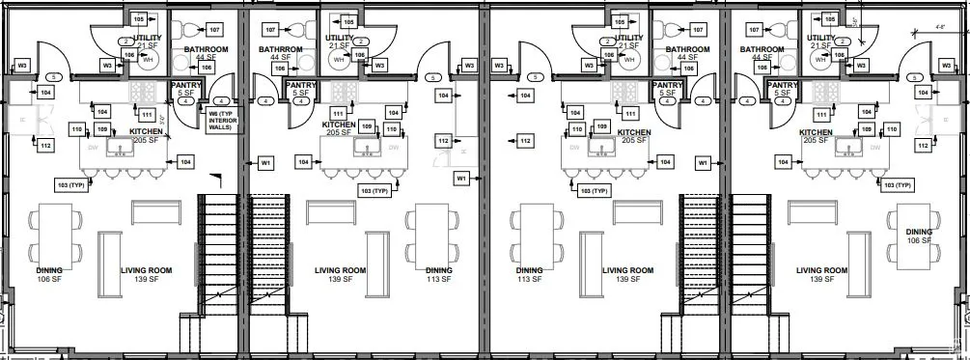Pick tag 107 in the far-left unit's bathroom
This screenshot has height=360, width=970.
213,30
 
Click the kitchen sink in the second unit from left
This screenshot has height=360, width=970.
368,147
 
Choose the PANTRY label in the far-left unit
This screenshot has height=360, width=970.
185,85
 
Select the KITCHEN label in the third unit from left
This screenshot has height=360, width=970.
634,132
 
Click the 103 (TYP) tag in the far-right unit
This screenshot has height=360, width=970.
898,184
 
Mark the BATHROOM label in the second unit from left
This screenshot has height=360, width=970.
282,49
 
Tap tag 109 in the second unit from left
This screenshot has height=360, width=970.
367,126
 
